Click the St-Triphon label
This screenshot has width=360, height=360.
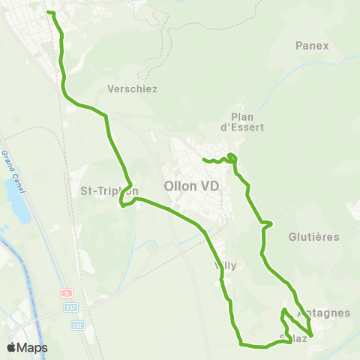tap(109, 190)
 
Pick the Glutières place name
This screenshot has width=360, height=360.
tap(313, 236)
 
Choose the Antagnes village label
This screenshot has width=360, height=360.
tap(324, 313)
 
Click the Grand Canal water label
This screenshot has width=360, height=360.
tap(10, 168)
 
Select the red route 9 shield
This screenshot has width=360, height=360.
tap(66, 293)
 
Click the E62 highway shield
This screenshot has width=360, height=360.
tap(78, 325)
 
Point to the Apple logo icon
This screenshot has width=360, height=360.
tap(12, 347)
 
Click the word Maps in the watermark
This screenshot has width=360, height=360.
tap(33, 347)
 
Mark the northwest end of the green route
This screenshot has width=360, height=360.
tap(49, 12)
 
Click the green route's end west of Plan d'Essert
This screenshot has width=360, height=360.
tap(204, 159)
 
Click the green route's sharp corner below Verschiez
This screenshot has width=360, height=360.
tap(107, 115)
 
